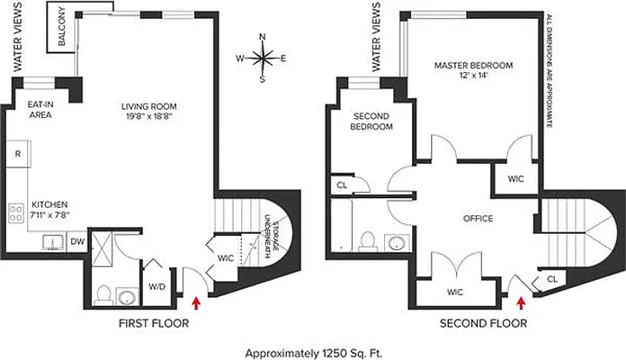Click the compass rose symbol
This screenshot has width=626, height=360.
pyautogui.click(x=262, y=58)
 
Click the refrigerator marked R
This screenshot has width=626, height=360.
pyautogui.click(x=17, y=153)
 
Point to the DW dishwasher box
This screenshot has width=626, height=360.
pyautogui.click(x=76, y=240)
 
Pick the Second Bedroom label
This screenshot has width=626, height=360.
pyautogui.click(x=370, y=121)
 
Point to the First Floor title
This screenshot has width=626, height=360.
pyautogui.click(x=153, y=322)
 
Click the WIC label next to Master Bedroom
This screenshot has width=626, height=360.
pyautogui.click(x=515, y=179)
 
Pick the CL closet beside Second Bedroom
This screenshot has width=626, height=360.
pyautogui.click(x=342, y=185)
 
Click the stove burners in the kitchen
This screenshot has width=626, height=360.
pyautogui.click(x=16, y=213)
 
